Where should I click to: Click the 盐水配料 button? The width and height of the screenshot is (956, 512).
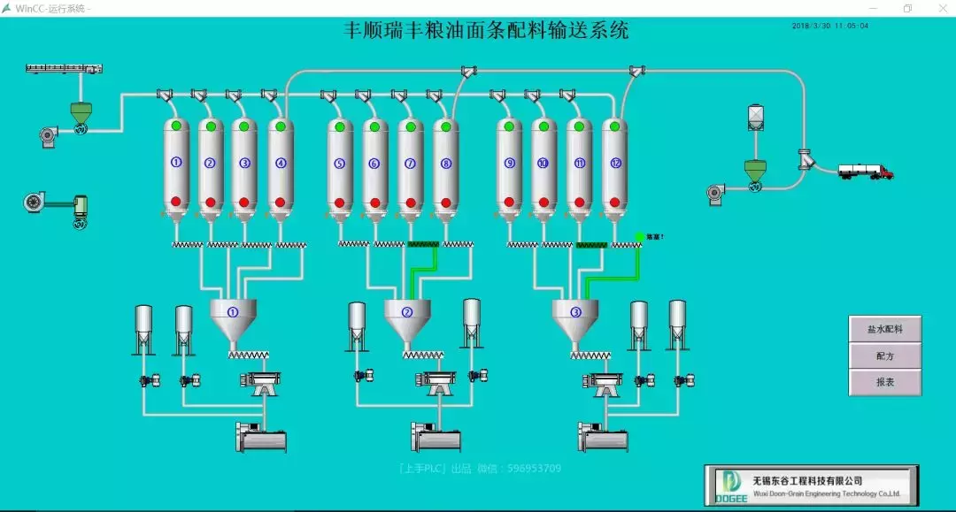[x=885, y=329]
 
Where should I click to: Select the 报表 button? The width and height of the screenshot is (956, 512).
[x=885, y=382]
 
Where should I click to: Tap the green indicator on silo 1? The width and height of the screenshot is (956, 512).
[x=176, y=126]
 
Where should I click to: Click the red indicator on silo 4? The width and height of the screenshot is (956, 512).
[x=281, y=202]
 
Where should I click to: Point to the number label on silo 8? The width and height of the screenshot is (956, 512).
[x=445, y=164]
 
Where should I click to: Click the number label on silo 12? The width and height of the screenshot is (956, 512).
[x=615, y=164]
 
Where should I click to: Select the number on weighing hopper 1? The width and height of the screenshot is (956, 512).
[x=233, y=311]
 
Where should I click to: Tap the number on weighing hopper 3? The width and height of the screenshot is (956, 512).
[x=575, y=311]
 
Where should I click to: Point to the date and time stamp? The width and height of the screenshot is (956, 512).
[x=829, y=26]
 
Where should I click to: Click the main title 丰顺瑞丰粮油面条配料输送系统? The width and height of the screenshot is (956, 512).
[x=486, y=31]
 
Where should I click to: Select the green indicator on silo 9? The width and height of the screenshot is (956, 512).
[x=509, y=126]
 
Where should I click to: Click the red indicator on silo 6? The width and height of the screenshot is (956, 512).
[x=374, y=202]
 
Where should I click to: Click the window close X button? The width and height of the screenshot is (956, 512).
[x=937, y=8]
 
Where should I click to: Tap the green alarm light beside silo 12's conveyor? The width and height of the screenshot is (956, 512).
[x=639, y=237]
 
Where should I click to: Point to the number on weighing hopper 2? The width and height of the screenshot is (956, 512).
[x=407, y=311]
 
